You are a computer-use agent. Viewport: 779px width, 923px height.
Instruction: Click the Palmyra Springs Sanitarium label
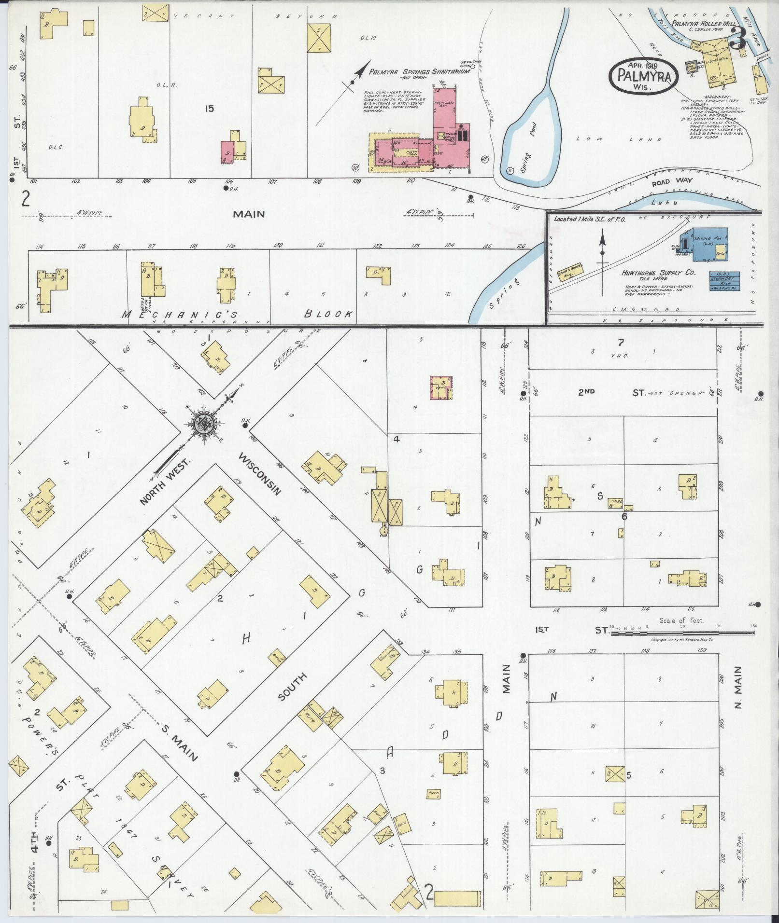(419, 71)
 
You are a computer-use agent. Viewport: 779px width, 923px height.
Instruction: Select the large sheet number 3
(737, 38)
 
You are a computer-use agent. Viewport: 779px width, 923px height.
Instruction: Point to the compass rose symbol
(204, 423)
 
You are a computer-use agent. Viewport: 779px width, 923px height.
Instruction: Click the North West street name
(165, 481)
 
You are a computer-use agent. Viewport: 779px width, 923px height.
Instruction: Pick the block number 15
(209, 109)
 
